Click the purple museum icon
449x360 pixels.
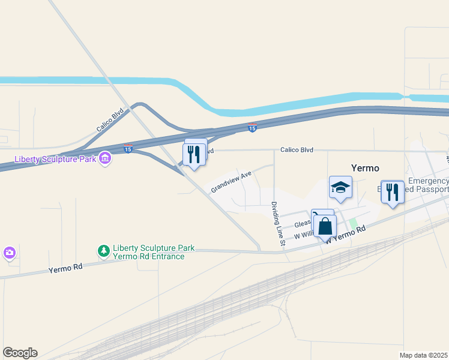tap(106, 158)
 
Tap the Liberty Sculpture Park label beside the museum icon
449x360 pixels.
tap(55, 159)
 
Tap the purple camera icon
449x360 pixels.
tap(9, 253)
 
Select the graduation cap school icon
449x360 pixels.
tap(340, 187)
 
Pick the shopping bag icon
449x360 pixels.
tap(325, 227)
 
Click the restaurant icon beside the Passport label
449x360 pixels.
tap(393, 192)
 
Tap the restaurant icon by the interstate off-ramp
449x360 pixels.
tap(194, 154)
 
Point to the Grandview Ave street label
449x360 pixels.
tap(231, 182)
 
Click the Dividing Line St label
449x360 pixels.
tap(277, 224)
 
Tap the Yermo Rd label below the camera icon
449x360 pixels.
tap(65, 269)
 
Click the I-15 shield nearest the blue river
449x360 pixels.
tap(253, 128)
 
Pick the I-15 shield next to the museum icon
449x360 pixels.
tap(128, 149)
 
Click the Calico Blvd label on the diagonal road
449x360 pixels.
tap(109, 120)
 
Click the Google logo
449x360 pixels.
tap(20, 353)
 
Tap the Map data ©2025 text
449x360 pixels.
tap(423, 355)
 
